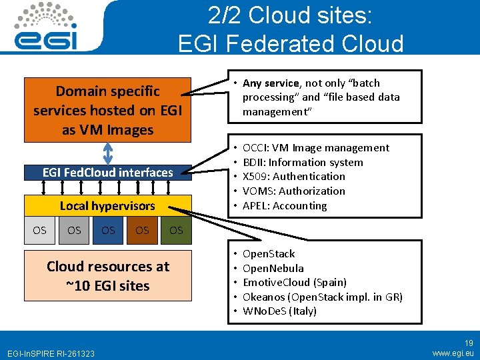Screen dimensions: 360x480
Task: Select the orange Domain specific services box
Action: click(x=107, y=110)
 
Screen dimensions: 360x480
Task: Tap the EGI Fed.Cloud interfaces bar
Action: click(x=107, y=173)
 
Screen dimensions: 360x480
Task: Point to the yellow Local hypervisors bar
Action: click(x=107, y=206)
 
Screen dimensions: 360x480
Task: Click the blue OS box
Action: click(x=108, y=231)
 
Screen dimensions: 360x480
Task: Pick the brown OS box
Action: click(x=142, y=231)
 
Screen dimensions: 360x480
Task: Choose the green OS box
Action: click(x=176, y=231)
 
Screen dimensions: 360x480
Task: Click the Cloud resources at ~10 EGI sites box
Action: click(x=107, y=276)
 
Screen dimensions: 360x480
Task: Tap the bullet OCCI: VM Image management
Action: click(x=315, y=148)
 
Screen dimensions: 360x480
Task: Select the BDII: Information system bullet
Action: click(x=303, y=163)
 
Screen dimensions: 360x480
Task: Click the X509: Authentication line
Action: click(x=293, y=177)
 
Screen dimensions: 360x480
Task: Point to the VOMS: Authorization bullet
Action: click(x=293, y=191)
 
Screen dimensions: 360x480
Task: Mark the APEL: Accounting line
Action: click(x=285, y=206)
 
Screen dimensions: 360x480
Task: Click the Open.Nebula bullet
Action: click(x=273, y=268)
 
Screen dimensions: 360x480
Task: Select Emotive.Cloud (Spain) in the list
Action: click(x=294, y=282)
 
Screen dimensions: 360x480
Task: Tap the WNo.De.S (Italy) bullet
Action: click(x=279, y=311)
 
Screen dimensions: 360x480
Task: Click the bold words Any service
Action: click(x=271, y=83)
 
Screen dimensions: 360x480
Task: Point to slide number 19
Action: click(x=469, y=343)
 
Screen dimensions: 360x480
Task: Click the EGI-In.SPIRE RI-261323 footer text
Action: click(x=50, y=353)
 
